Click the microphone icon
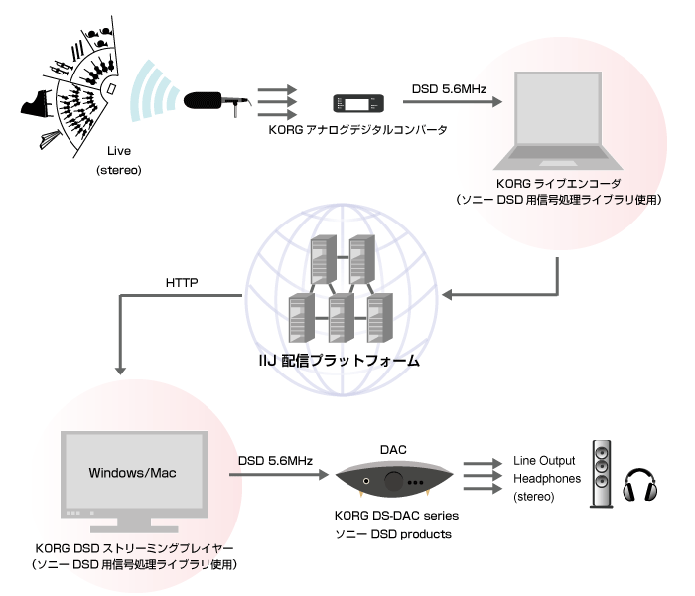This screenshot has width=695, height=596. [216, 102]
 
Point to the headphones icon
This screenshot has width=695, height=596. [640, 486]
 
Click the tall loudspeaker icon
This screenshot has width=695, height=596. [603, 474]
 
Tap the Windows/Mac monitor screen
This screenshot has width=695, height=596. [133, 472]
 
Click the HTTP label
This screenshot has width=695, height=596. [183, 283]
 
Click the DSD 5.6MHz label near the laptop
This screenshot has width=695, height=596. [448, 89]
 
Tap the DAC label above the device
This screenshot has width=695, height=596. [395, 450]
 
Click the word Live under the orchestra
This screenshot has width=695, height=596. [119, 152]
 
